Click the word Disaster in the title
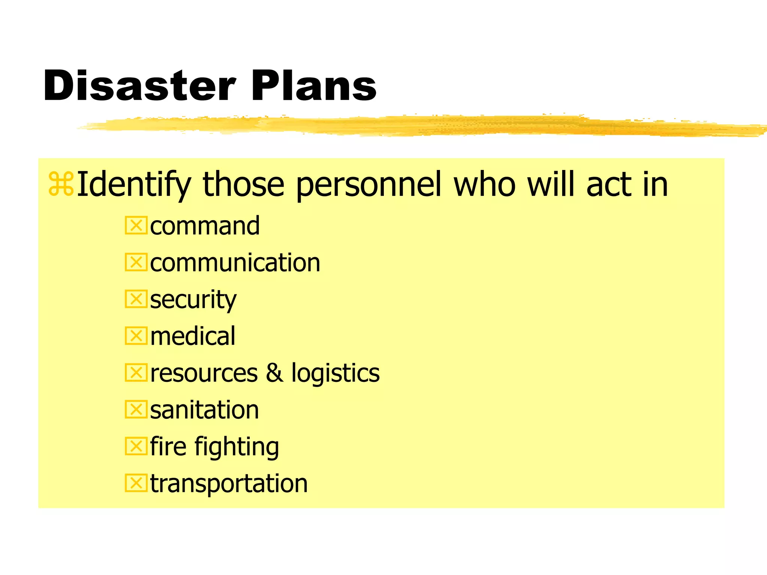139,86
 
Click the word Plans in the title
314,86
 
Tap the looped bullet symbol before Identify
61,184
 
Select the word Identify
134,185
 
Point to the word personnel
369,185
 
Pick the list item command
205,226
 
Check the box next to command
136,226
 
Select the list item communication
235,262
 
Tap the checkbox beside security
136,299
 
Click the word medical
193,336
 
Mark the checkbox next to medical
136,336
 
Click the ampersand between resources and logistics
275,373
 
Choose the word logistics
336,373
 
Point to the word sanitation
204,410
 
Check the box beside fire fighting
136,446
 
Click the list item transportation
229,483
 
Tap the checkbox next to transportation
136,483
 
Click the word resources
204,373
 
